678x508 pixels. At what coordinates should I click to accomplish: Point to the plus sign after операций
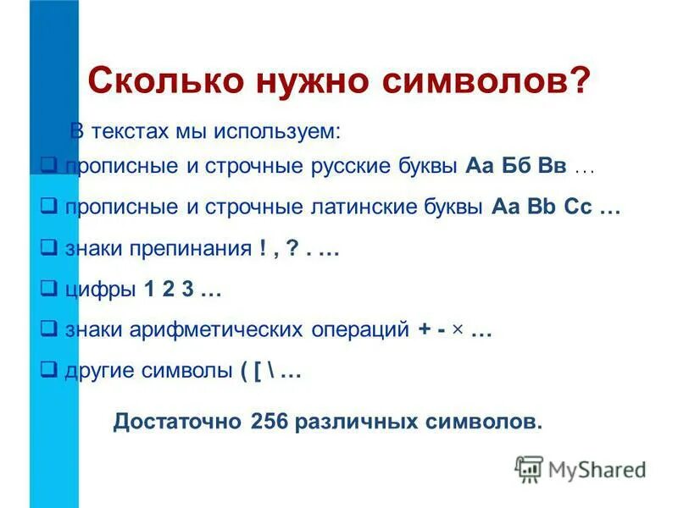point(424,331)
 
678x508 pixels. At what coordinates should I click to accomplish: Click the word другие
point(96,373)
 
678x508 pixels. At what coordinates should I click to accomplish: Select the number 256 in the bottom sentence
point(269,421)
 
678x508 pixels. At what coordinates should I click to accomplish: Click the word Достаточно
point(178,421)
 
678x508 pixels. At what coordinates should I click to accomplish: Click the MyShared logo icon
point(529,468)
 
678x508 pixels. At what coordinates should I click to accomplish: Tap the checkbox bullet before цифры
point(49,289)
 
